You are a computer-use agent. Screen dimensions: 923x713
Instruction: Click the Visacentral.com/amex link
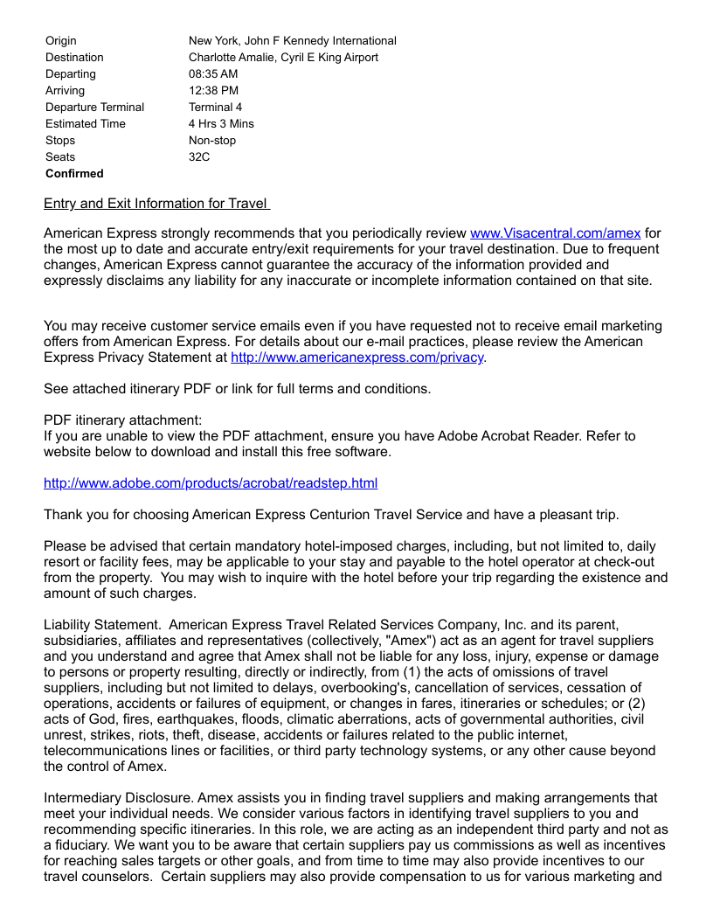[x=555, y=233]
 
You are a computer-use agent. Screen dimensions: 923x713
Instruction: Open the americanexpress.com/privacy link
[x=356, y=357]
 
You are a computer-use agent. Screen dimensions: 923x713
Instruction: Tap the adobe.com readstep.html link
[x=211, y=483]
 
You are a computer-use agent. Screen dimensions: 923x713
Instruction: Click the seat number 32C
[x=199, y=157]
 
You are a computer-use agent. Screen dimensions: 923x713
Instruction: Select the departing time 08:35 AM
[x=213, y=74]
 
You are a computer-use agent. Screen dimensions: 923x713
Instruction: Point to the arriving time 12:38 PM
[x=213, y=91]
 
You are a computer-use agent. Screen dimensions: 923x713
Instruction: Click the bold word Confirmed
[x=74, y=174]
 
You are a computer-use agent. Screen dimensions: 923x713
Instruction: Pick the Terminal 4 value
[x=216, y=108]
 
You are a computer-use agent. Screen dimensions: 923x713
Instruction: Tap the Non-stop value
[x=212, y=141]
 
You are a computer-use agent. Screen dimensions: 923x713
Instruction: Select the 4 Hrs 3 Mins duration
[x=221, y=124]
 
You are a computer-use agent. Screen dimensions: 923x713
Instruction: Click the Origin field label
[x=61, y=41]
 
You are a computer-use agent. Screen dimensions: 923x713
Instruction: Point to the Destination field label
[x=74, y=58]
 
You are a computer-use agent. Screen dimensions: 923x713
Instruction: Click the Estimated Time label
[x=86, y=124]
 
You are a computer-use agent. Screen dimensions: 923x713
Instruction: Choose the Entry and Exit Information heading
[x=156, y=204]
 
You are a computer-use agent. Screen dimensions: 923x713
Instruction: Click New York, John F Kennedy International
[x=293, y=41]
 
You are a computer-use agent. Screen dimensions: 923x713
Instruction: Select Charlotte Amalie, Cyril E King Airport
[x=284, y=58]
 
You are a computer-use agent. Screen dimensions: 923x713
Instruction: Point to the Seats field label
[x=60, y=157]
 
